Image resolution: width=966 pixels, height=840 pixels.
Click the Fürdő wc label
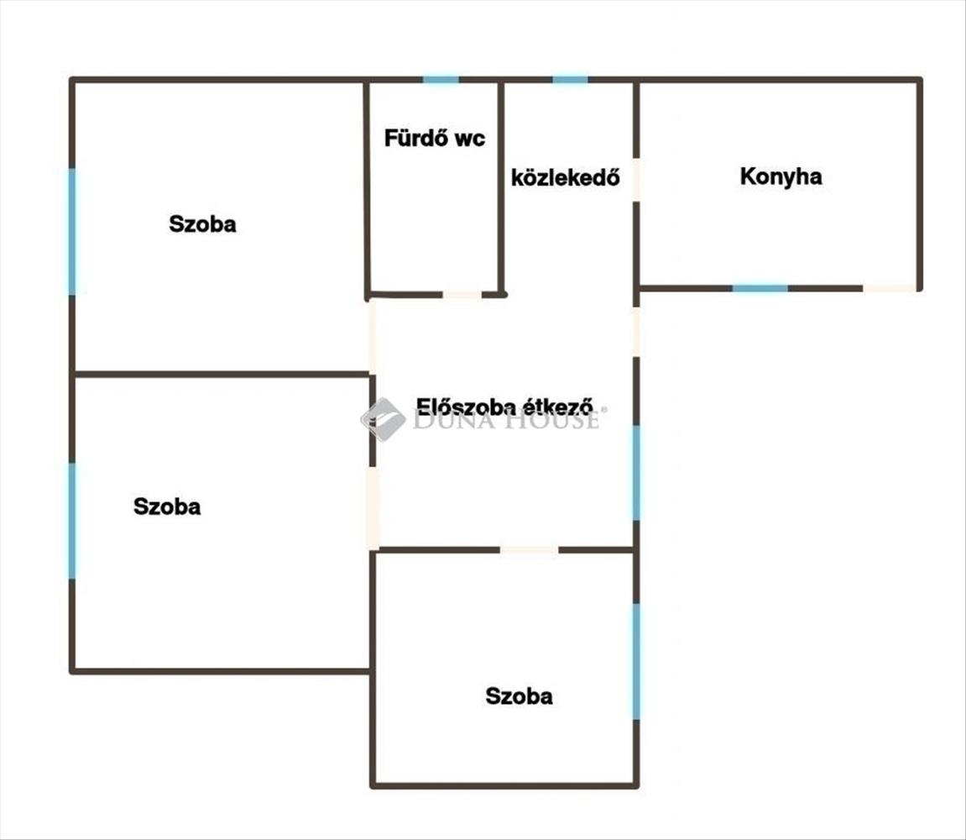[x=434, y=139]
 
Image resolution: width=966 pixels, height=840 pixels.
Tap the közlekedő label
[x=566, y=178]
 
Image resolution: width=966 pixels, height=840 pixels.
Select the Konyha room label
[x=781, y=176]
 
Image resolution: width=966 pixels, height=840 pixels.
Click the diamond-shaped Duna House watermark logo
[x=383, y=418]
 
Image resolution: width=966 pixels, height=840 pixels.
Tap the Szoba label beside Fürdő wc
[x=202, y=224]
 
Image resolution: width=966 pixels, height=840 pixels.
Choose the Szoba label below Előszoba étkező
[x=519, y=696]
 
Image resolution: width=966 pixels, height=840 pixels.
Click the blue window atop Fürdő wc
[x=441, y=80]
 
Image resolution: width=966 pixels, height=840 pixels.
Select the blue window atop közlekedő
[x=570, y=80]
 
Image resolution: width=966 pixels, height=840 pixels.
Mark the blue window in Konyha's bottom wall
[x=760, y=288]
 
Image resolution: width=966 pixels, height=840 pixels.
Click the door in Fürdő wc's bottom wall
[x=462, y=295]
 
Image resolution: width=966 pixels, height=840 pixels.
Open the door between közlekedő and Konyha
[x=636, y=180]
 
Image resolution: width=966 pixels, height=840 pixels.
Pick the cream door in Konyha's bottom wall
[x=889, y=288]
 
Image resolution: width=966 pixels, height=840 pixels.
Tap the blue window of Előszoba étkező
[x=636, y=472]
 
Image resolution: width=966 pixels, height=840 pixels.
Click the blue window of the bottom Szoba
[x=636, y=661]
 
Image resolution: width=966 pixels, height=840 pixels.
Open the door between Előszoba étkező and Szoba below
[x=529, y=550]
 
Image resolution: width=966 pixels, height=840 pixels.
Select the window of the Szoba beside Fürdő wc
[x=72, y=231]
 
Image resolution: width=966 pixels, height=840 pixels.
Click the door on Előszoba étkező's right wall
[x=636, y=331]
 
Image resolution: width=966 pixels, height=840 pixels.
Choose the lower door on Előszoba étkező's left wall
[x=373, y=507]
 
